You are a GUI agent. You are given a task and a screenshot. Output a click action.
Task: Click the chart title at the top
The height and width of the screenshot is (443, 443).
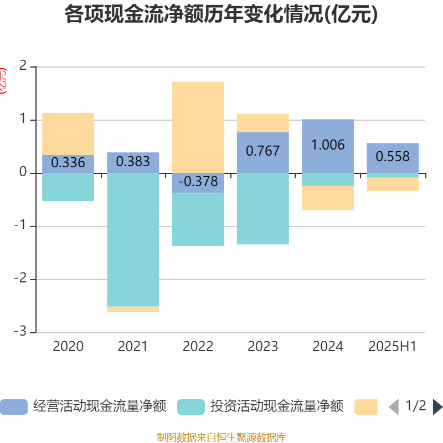221,15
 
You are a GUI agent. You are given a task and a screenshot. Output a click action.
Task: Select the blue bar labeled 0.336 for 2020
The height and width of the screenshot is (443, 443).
68,164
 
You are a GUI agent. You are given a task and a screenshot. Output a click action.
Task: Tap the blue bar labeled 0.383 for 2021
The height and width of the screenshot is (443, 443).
133,162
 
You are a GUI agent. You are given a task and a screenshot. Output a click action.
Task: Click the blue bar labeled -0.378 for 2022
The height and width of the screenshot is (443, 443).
198,183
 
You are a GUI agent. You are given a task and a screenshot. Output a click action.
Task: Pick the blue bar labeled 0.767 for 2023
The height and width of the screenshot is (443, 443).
262,152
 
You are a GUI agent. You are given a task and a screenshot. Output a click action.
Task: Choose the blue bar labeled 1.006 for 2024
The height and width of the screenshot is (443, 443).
328,146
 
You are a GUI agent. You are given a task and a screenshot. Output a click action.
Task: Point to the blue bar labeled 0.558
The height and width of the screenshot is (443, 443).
393,158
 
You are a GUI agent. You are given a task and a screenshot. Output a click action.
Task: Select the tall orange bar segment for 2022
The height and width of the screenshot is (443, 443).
198,127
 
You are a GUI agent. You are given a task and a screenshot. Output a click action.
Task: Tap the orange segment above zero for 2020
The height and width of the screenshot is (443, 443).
68,133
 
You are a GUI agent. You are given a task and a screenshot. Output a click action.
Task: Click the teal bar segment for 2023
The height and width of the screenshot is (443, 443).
262,209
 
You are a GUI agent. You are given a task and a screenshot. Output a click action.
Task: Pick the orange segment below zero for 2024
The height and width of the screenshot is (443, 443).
328,198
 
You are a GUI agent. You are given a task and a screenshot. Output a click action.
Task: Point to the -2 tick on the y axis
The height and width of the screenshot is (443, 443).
22,280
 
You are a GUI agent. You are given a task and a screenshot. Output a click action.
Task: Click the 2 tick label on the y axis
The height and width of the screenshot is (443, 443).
23,66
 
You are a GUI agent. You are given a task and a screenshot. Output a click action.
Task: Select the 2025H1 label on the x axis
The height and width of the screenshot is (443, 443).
392,347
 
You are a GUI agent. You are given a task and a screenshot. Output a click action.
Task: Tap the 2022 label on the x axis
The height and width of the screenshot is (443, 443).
198,347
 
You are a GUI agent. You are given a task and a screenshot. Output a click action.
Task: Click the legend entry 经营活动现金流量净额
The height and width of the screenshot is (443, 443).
83,407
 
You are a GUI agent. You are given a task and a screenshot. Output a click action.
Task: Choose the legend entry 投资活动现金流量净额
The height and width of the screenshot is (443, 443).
260,407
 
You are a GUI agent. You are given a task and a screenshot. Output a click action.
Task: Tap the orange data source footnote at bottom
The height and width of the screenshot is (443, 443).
221,437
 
